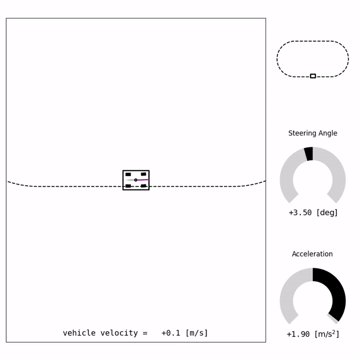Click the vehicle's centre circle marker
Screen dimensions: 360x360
(136, 180)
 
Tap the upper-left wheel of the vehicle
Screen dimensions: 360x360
(128, 174)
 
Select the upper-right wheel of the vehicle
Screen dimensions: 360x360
(143, 174)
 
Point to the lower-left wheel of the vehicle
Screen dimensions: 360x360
(128, 186)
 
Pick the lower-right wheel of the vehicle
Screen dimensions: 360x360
(143, 186)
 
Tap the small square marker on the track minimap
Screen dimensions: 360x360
(313, 76)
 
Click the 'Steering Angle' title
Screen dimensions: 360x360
(313, 133)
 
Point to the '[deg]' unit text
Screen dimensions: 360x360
(327, 213)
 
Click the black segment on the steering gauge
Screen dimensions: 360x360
(308, 154)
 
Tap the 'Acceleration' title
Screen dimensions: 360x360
(312, 254)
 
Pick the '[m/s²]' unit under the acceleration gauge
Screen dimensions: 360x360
(328, 334)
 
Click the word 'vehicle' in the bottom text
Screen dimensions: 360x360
(79, 333)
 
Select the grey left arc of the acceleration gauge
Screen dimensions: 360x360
(287, 292)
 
